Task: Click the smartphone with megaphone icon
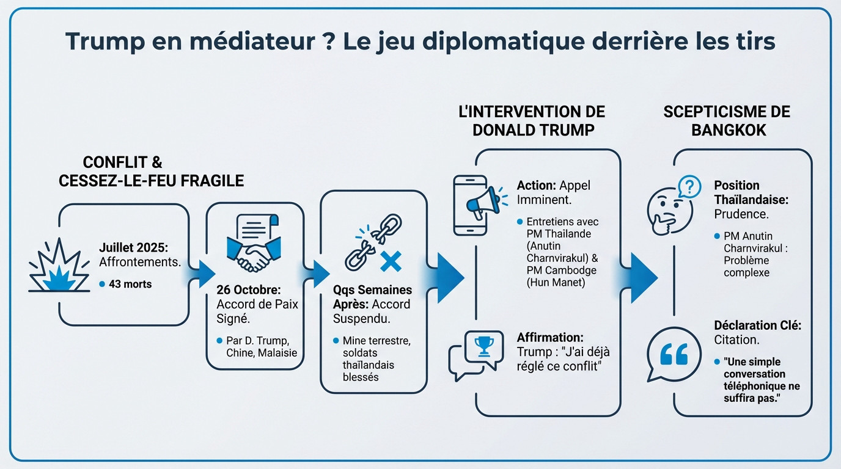point(477,205)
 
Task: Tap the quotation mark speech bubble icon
point(673,354)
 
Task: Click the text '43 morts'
point(130,284)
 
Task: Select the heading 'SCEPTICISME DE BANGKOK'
point(726,121)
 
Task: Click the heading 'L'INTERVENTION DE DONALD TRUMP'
point(531,121)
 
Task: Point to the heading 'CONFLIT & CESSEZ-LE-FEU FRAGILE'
point(151,172)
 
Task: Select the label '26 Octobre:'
point(248,290)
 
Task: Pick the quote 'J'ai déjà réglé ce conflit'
point(564,358)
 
